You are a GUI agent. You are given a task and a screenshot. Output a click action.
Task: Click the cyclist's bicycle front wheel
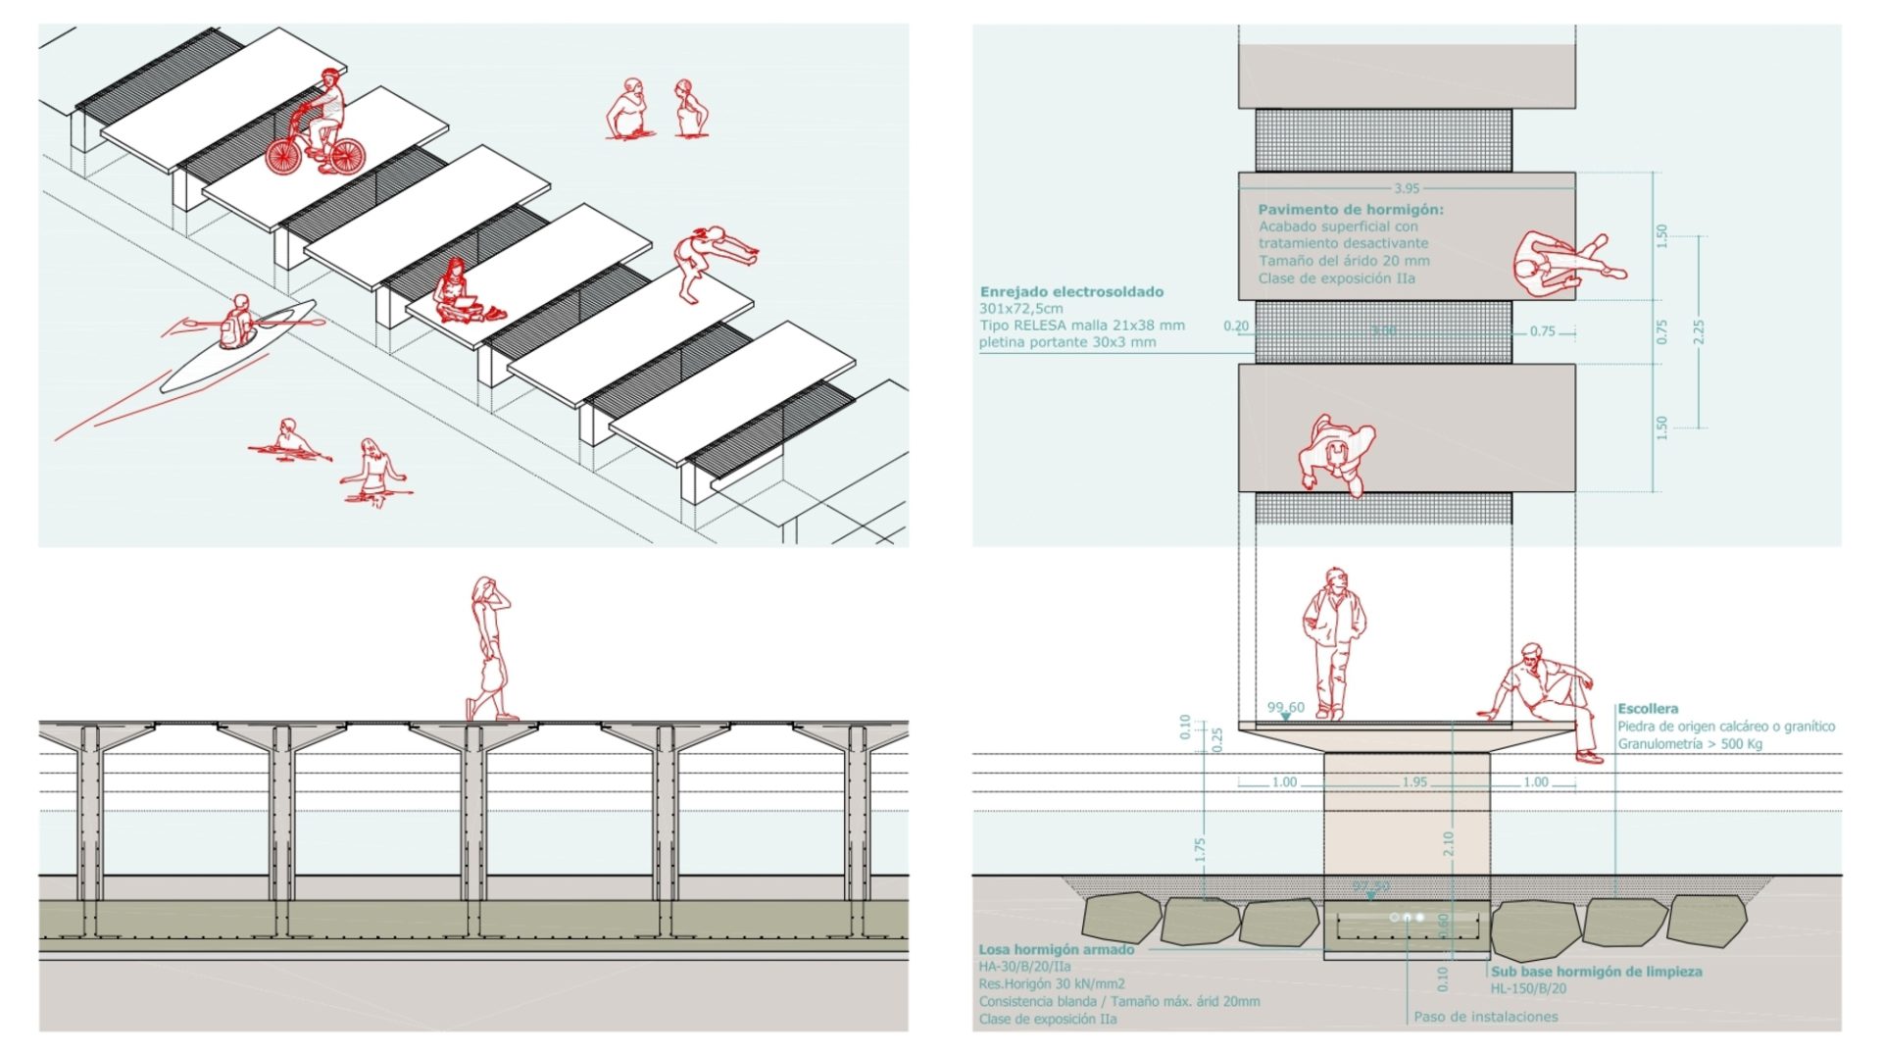pyautogui.click(x=285, y=157)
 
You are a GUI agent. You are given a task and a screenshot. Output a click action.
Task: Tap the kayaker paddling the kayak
pyautogui.click(x=236, y=321)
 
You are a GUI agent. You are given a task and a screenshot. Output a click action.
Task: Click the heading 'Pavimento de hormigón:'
pyautogui.click(x=1350, y=209)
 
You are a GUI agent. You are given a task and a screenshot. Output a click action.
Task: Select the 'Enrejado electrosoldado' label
pyautogui.click(x=1071, y=291)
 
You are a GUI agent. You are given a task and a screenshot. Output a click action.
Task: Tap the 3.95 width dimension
pyautogui.click(x=1406, y=188)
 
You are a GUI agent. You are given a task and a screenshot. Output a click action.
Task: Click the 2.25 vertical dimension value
pyautogui.click(x=1699, y=331)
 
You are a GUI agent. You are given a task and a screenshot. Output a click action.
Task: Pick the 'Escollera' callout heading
pyautogui.click(x=1648, y=708)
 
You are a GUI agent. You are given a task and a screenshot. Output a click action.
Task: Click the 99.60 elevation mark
pyautogui.click(x=1285, y=707)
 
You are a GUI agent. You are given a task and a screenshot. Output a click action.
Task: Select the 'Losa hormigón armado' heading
pyautogui.click(x=1056, y=949)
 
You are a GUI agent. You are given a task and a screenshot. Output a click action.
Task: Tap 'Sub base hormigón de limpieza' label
pyautogui.click(x=1596, y=972)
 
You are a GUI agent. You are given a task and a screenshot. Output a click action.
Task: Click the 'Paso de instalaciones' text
pyautogui.click(x=1485, y=1017)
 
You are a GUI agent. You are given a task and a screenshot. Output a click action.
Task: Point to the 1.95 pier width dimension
pyautogui.click(x=1413, y=782)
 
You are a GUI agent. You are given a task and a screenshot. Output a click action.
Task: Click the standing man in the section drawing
pyautogui.click(x=1332, y=642)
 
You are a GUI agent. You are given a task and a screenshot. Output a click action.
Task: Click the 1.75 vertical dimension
pyautogui.click(x=1200, y=849)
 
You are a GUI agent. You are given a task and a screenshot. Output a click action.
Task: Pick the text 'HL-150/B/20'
pyautogui.click(x=1528, y=988)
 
